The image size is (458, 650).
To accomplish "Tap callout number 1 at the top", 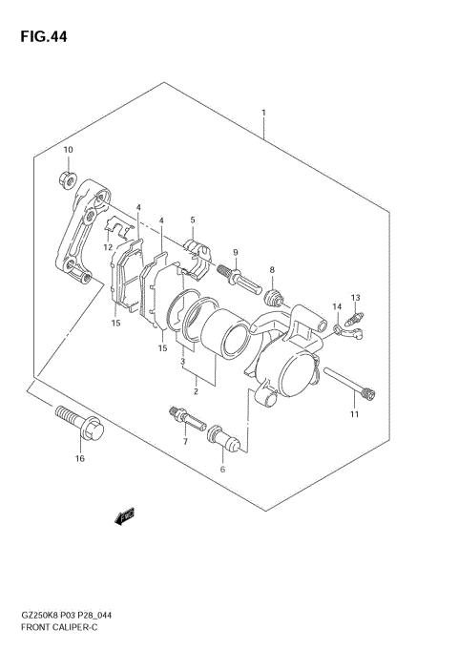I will click(263, 112).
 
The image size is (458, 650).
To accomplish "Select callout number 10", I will click(68, 150).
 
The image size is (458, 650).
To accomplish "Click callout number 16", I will click(80, 459).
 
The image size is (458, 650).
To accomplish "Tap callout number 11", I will click(354, 414).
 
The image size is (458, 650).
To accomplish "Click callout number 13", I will click(355, 297).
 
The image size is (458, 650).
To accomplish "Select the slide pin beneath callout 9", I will click(236, 276).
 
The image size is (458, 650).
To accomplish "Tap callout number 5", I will click(192, 220).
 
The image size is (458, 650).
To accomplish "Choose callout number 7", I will click(185, 443).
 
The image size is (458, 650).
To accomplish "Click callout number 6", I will click(222, 469).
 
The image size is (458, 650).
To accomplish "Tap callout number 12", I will click(108, 247).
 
